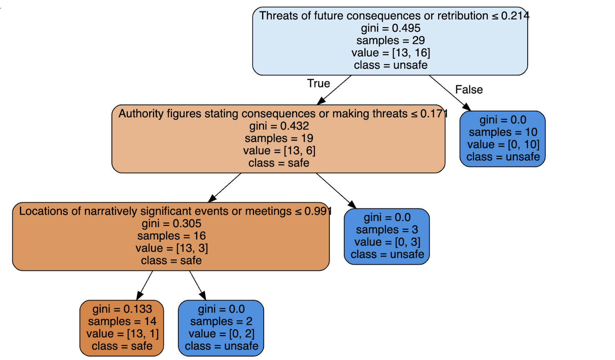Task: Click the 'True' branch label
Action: pos(318,83)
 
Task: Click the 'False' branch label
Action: pos(469,90)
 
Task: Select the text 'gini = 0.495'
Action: pos(390,28)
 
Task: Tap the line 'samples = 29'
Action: pos(390,40)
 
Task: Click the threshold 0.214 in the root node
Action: pos(515,16)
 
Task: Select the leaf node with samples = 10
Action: pos(502,139)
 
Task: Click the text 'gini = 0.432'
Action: pos(279,126)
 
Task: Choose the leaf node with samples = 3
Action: pos(387,237)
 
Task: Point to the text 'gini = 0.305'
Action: pos(171,223)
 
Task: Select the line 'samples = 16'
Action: pos(171,236)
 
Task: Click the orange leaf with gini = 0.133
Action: pos(122,328)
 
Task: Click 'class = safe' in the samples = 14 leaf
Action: pos(122,346)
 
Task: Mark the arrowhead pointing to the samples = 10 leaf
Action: pos(467,107)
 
